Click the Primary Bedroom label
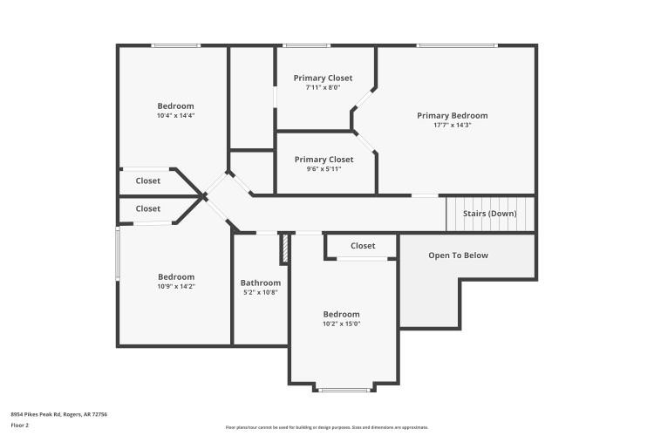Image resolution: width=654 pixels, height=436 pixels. tap(452, 115)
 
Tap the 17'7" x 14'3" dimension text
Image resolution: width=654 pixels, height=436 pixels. tap(452, 126)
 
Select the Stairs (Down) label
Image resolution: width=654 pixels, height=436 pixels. tap(489, 214)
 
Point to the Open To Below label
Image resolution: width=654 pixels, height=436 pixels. tap(458, 255)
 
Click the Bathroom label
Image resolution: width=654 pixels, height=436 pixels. tap(261, 283)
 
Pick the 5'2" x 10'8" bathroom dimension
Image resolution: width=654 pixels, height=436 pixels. tap(261, 293)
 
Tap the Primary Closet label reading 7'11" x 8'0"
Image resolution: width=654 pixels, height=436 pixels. tap(323, 78)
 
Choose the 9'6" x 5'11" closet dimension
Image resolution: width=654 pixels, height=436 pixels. tap(324, 169)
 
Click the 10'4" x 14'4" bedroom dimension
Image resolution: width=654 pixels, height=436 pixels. tap(175, 116)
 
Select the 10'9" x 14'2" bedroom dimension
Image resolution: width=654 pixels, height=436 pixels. tap(175, 287)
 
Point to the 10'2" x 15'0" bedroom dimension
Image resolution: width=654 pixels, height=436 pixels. tap(341, 324)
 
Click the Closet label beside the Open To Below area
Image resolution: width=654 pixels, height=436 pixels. tap(363, 246)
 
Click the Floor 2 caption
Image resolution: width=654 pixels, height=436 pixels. tap(20, 425)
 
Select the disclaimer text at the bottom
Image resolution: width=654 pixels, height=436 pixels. tap(327, 427)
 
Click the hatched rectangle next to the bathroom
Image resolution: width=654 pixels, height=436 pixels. tap(284, 248)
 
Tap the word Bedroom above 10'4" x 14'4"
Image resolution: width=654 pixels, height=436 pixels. tap(175, 106)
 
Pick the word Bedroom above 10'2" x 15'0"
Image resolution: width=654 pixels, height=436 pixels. tap(341, 314)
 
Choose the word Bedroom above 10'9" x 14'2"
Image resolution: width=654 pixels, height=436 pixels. tap(175, 276)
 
